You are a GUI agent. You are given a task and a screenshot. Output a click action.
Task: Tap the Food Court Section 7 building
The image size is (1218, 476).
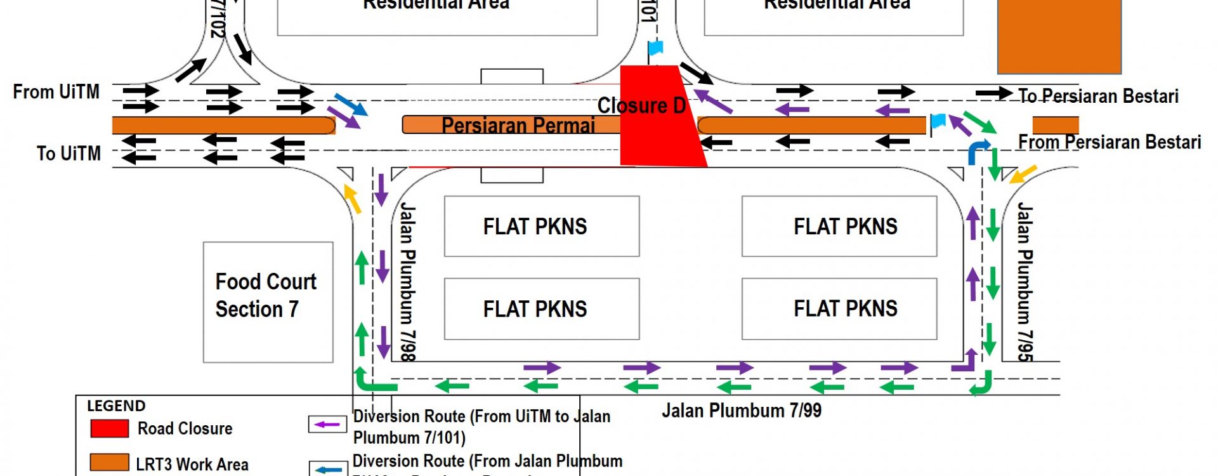(268, 301)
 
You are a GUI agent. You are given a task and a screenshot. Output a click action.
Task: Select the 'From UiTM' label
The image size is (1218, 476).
(56, 92)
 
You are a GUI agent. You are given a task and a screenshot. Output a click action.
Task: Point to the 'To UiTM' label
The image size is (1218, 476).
(69, 154)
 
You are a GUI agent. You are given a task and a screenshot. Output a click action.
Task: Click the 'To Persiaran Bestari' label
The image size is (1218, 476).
(1098, 96)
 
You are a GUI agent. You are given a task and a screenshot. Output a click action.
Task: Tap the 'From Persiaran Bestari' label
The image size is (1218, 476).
(1110, 142)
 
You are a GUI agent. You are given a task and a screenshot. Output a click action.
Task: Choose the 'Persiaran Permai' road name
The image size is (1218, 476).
(518, 126)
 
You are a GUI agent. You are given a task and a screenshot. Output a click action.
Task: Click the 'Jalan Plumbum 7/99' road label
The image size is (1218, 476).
(742, 411)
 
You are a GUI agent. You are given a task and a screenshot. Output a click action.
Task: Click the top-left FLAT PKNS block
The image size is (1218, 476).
(541, 227)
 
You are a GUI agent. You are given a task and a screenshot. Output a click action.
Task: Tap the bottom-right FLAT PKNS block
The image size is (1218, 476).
(839, 308)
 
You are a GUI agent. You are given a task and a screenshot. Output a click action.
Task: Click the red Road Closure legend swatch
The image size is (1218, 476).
(110, 428)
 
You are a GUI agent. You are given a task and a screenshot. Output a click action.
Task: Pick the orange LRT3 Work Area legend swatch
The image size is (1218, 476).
(110, 463)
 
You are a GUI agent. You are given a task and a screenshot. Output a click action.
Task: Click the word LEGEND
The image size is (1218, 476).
(116, 406)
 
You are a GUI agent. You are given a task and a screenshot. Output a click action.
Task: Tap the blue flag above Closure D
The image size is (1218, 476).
(655, 48)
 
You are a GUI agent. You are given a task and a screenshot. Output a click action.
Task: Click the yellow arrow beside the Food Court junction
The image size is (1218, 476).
(352, 199)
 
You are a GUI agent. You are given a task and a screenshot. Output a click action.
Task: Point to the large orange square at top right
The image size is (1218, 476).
(1059, 36)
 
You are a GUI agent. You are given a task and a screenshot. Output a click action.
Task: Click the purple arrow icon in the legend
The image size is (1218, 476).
(327, 424)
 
